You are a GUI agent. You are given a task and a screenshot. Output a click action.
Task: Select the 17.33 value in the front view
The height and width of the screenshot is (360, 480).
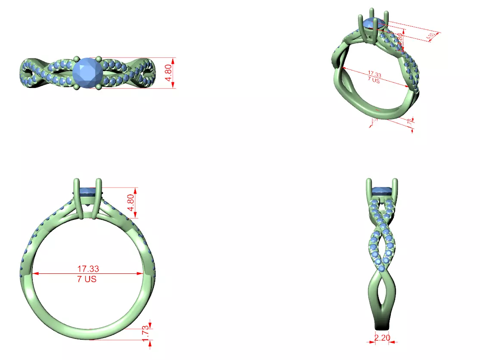pos(88,269)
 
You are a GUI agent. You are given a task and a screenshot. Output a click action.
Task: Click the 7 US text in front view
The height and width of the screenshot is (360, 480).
pos(87,279)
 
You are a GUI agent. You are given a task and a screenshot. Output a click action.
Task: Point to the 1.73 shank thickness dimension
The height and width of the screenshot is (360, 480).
pos(145,333)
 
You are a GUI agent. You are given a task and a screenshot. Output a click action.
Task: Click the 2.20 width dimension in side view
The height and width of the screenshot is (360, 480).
pos(382,338)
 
